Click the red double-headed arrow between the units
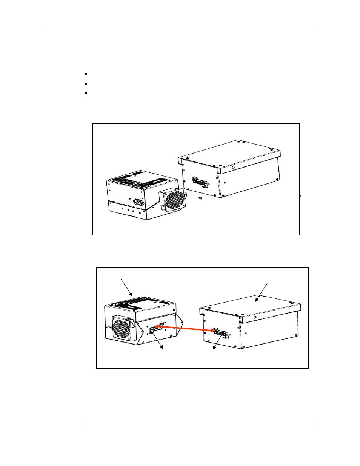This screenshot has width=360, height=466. coord(185,329)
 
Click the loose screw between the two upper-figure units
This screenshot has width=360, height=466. coord(200,197)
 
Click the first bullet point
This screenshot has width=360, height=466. coord(86,74)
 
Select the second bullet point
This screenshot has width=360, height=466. coord(86,83)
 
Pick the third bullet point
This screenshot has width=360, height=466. coord(86,93)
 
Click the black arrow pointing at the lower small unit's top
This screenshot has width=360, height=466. coord(127,288)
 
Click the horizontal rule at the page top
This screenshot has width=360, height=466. coord(180,28)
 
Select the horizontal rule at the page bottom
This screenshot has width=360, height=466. coord(201,423)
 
